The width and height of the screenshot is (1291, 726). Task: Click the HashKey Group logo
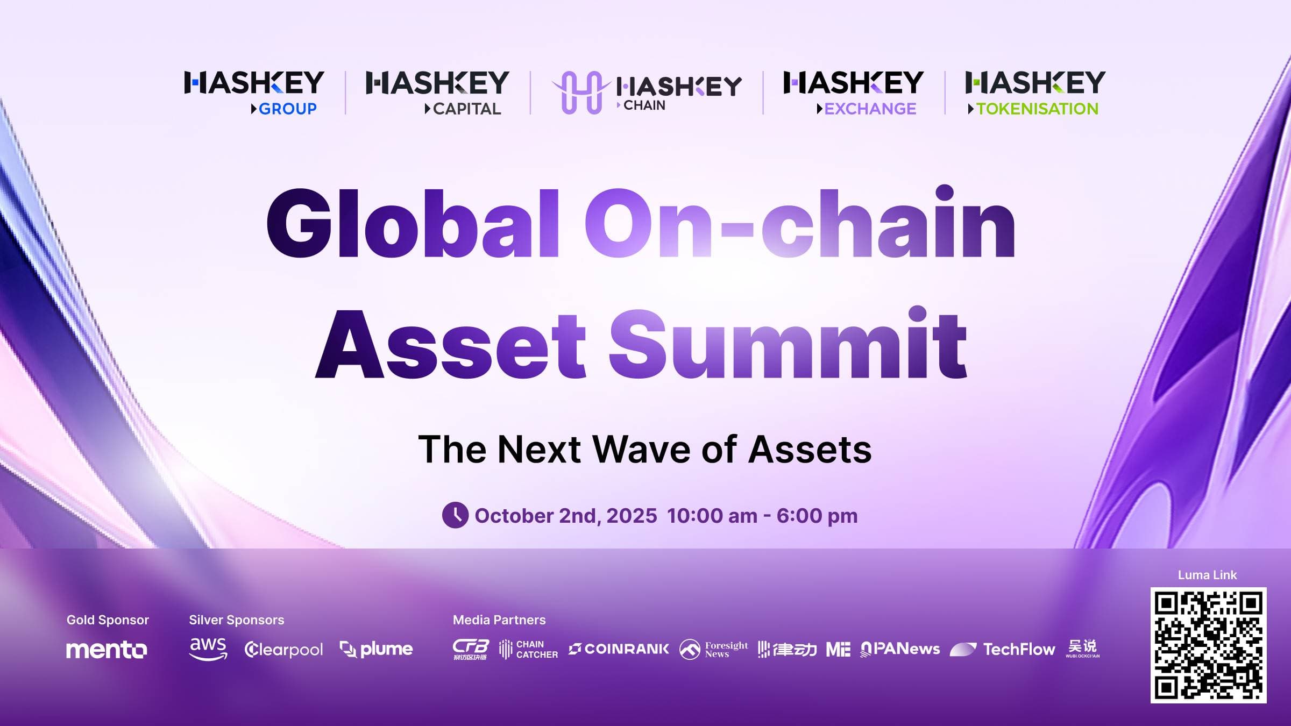[x=254, y=91]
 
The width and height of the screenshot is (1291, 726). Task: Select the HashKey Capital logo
[x=437, y=91]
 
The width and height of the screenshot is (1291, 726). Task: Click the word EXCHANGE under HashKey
[x=869, y=109]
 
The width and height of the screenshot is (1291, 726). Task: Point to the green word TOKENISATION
[x=1037, y=109]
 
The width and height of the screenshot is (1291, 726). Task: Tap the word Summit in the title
[x=788, y=344]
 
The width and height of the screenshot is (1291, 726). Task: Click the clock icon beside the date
[x=455, y=515]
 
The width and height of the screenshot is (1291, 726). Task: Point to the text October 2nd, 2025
[x=565, y=516]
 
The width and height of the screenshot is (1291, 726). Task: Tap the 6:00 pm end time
[x=817, y=516]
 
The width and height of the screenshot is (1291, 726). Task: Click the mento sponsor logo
[x=107, y=650]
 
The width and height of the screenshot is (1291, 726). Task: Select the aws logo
[x=208, y=649]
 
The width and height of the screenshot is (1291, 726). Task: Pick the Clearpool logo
[x=283, y=650]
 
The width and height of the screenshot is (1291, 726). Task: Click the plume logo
[x=377, y=650]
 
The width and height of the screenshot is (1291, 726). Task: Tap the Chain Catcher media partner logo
[x=528, y=650]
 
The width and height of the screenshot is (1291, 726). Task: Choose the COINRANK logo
[x=619, y=649]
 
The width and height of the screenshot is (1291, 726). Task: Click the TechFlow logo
[x=1002, y=650]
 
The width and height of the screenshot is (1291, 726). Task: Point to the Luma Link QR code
[x=1208, y=645]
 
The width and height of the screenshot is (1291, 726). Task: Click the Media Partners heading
[x=499, y=620]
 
